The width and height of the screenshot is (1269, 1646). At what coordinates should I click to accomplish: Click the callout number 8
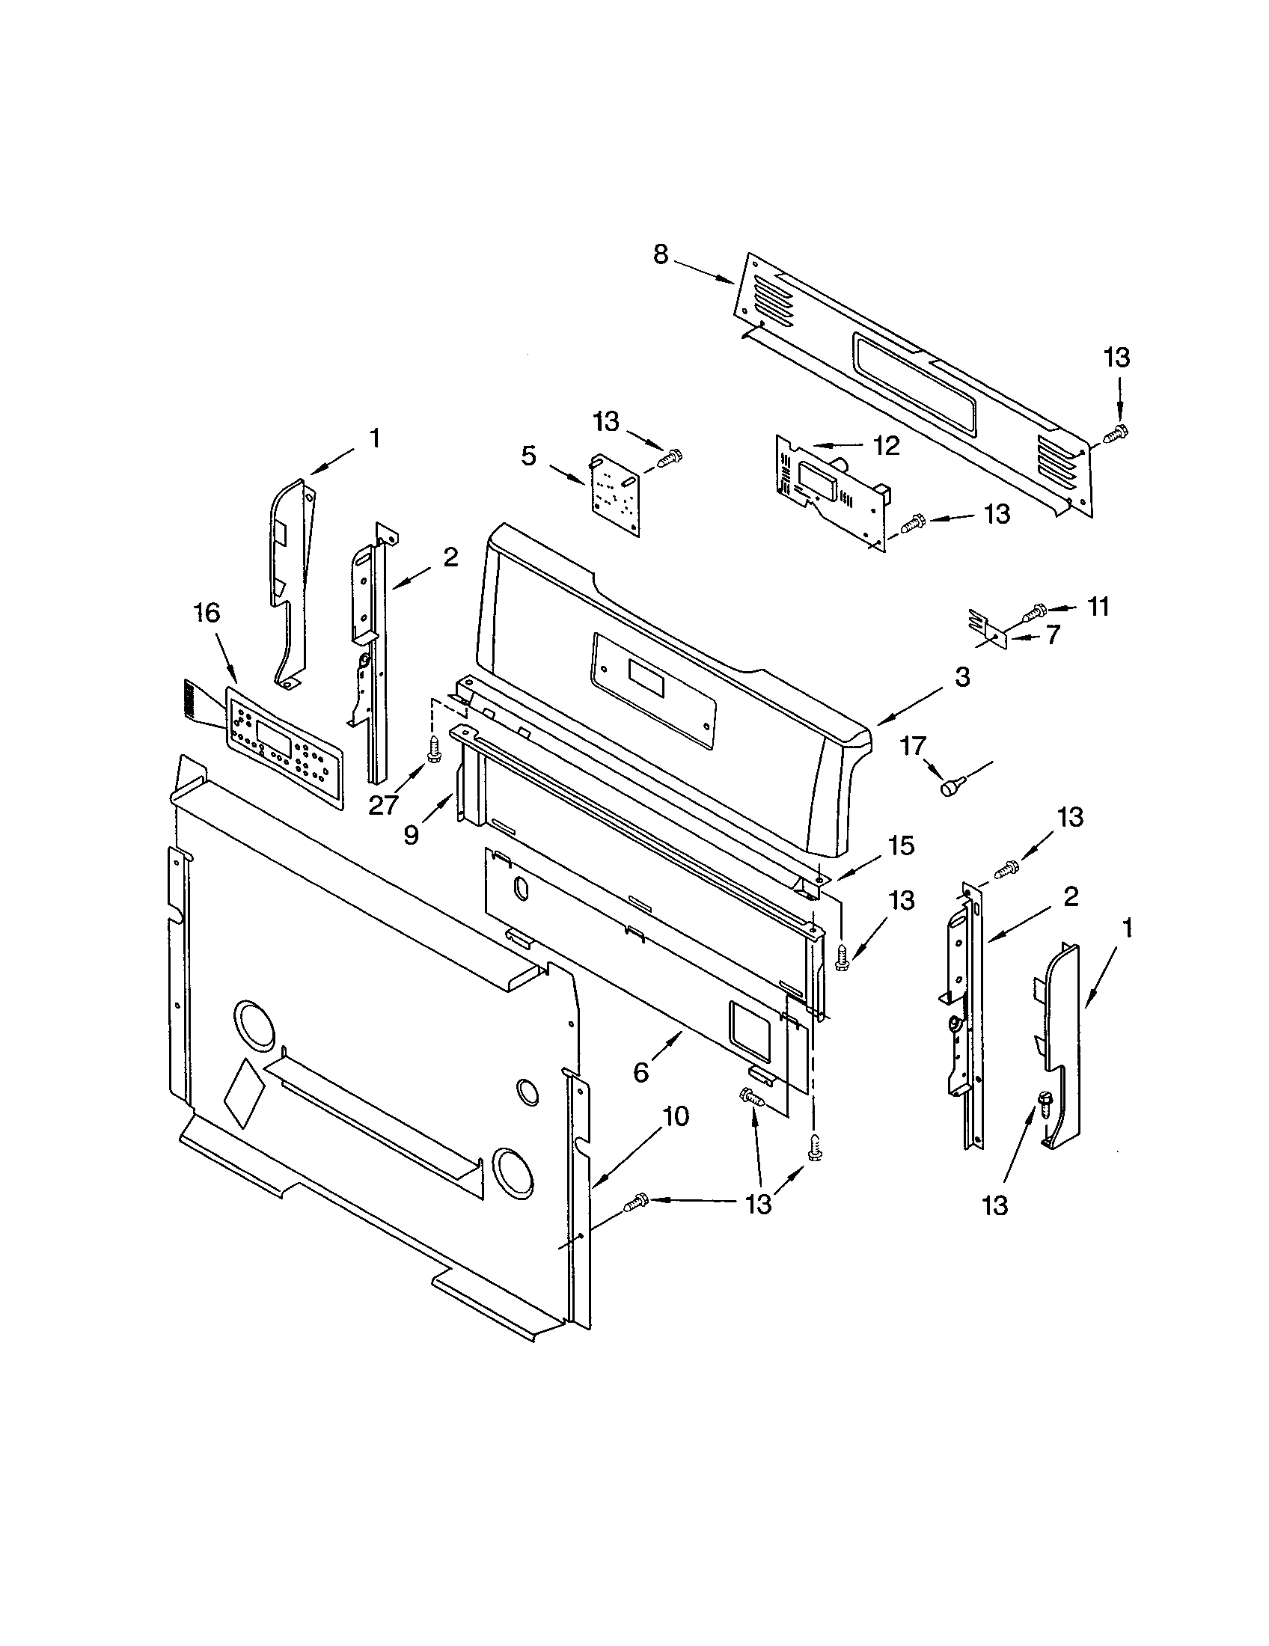660,255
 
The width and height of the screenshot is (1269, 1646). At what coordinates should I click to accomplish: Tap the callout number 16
207,613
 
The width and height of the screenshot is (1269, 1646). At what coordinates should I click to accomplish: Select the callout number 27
383,806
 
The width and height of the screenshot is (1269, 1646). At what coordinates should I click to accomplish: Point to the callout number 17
913,746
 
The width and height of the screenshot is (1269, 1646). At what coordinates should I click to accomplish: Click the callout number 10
676,1117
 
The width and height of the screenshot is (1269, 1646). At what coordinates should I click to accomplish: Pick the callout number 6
640,1072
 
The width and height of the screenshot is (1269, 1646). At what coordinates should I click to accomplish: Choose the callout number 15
901,845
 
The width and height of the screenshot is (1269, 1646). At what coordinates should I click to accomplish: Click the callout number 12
886,446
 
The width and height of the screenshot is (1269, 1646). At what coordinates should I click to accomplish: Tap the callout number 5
529,455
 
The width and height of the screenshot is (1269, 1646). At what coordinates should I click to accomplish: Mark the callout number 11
1098,606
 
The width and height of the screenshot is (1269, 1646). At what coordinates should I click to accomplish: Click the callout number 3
962,677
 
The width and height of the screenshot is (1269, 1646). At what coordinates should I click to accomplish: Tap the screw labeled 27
433,750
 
